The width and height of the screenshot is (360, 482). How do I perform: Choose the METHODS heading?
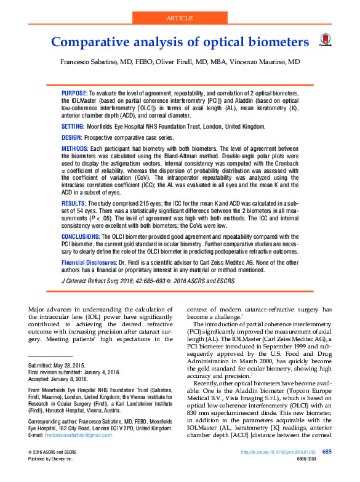(74, 149)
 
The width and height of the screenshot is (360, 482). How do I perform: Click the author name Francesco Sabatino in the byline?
(84, 63)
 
